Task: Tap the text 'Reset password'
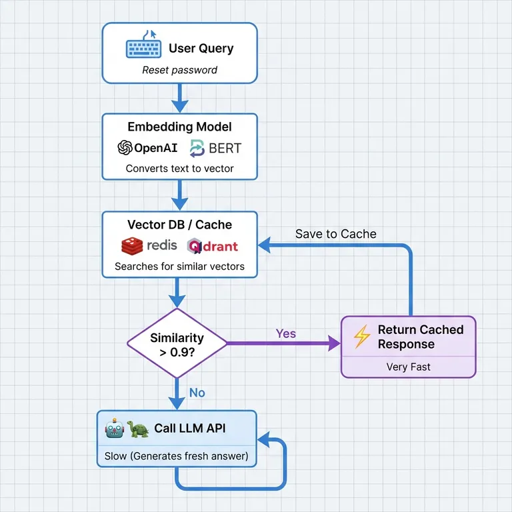point(179,70)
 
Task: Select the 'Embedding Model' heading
point(179,127)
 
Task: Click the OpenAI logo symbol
point(125,147)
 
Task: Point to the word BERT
point(225,147)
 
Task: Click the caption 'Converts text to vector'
point(179,169)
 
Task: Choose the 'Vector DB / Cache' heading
point(179,225)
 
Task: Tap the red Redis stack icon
point(133,246)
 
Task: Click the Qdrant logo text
point(213,246)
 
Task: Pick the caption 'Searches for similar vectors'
point(179,267)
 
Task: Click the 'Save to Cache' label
point(335,234)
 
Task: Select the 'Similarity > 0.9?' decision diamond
point(177,343)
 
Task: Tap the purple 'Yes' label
point(285,333)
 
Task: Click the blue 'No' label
point(197,393)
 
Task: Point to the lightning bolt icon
point(361,337)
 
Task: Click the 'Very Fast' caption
point(408,367)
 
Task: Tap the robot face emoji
point(114,429)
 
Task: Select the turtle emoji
point(137,429)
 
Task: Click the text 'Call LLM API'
point(189,429)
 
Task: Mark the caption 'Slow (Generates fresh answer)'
point(176,457)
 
